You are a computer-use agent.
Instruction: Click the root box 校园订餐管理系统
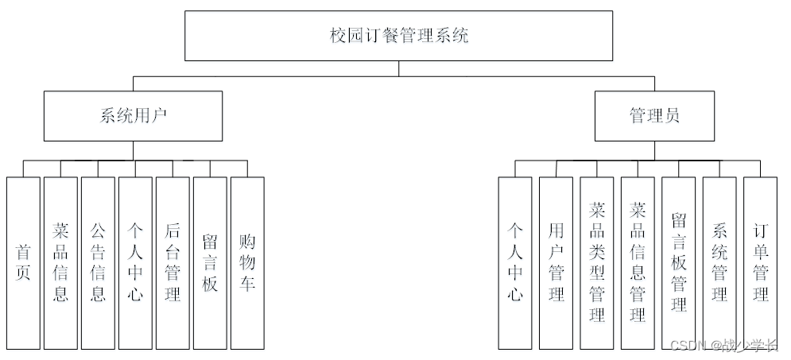pyautogui.click(x=399, y=36)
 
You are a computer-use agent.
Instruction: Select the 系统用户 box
pyautogui.click(x=133, y=115)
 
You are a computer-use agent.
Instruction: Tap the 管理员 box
pyautogui.click(x=654, y=115)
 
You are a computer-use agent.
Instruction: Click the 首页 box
pyautogui.click(x=23, y=262)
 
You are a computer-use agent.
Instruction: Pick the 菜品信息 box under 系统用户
pyautogui.click(x=60, y=262)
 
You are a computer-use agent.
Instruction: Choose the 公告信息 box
pyautogui.click(x=98, y=262)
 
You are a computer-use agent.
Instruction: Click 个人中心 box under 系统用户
pyautogui.click(x=135, y=262)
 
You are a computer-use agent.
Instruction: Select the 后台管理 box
pyautogui.click(x=173, y=262)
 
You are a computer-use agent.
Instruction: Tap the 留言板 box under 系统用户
pyautogui.click(x=210, y=262)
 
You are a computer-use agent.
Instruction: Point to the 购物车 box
pyautogui.click(x=247, y=262)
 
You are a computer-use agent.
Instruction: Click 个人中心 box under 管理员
pyautogui.click(x=515, y=262)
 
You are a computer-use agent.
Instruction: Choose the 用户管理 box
pyautogui.click(x=556, y=262)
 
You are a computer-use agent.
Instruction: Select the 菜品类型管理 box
pyautogui.click(x=597, y=262)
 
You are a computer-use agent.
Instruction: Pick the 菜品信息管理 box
pyautogui.click(x=638, y=262)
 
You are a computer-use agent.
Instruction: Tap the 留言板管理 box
pyautogui.click(x=679, y=262)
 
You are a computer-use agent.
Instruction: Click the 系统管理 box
pyautogui.click(x=719, y=262)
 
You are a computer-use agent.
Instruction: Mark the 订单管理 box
pyautogui.click(x=761, y=262)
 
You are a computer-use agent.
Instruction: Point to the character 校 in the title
pyautogui.click(x=338, y=36)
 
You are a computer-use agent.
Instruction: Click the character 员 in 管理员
pyautogui.click(x=672, y=115)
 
